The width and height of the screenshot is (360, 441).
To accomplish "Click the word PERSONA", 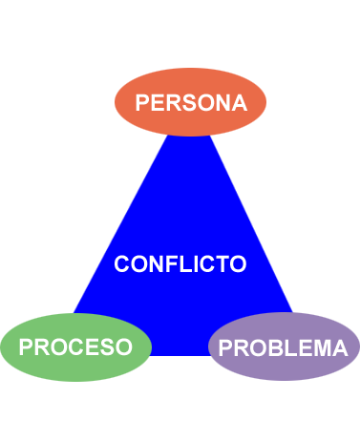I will click(191, 103).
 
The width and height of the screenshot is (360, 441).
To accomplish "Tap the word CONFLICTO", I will click(180, 264).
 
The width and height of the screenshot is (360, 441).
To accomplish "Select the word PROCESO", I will click(75, 347).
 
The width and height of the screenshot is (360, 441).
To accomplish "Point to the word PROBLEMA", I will click(283, 348).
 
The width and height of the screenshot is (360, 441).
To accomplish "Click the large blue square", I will click(181, 191).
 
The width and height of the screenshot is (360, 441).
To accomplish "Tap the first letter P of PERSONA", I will click(142, 103).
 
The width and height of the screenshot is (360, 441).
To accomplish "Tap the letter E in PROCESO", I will click(91, 347).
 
